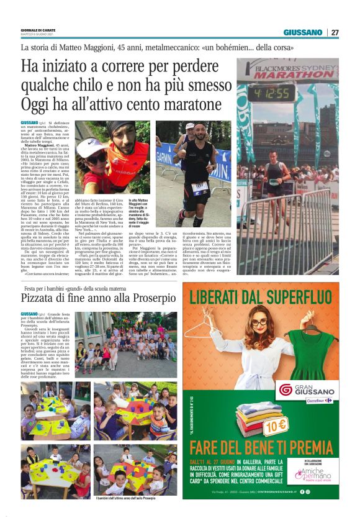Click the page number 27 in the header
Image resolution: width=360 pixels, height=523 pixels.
pyautogui.click(x=335, y=32)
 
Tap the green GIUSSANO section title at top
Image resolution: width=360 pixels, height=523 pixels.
pyautogui.click(x=303, y=32)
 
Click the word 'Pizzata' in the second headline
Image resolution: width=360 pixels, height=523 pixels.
pyautogui.click(x=44, y=298)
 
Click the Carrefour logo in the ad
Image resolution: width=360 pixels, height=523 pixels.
pyautogui.click(x=320, y=401)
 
